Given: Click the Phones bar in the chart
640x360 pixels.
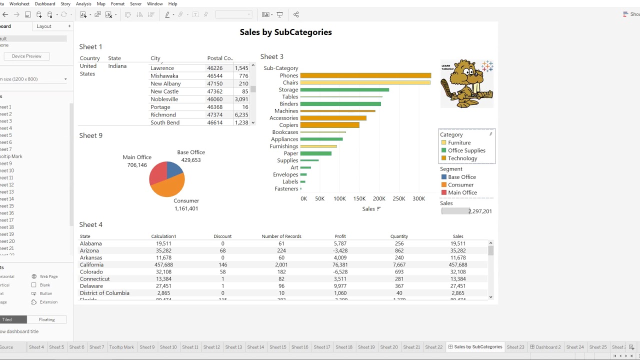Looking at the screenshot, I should pos(365,75).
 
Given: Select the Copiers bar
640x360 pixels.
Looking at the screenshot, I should pos(329,125).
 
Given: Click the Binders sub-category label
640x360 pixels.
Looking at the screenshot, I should pos(288,104).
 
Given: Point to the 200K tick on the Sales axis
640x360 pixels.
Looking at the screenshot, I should pos(379,198).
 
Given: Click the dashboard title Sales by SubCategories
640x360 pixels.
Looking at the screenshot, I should pos(285,32).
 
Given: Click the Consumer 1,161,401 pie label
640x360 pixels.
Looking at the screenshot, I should pos(186,204).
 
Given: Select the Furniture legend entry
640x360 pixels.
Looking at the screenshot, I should pos(458,142).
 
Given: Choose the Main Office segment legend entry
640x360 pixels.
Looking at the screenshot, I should pos(462,192).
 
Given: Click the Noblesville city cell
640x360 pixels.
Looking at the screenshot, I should pos(164,99).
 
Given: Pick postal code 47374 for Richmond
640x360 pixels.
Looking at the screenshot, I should pos(214,114).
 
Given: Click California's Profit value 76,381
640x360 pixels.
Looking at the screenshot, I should pos(340,264).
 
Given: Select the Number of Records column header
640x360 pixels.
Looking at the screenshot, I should pos(281,236).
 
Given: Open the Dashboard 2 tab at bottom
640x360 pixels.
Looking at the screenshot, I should pos(547,347).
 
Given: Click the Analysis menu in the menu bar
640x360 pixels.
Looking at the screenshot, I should pos(83,3).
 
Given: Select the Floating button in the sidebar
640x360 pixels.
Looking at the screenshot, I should pos(46,319).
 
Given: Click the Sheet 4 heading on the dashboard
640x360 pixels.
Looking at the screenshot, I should pos(90,224).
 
